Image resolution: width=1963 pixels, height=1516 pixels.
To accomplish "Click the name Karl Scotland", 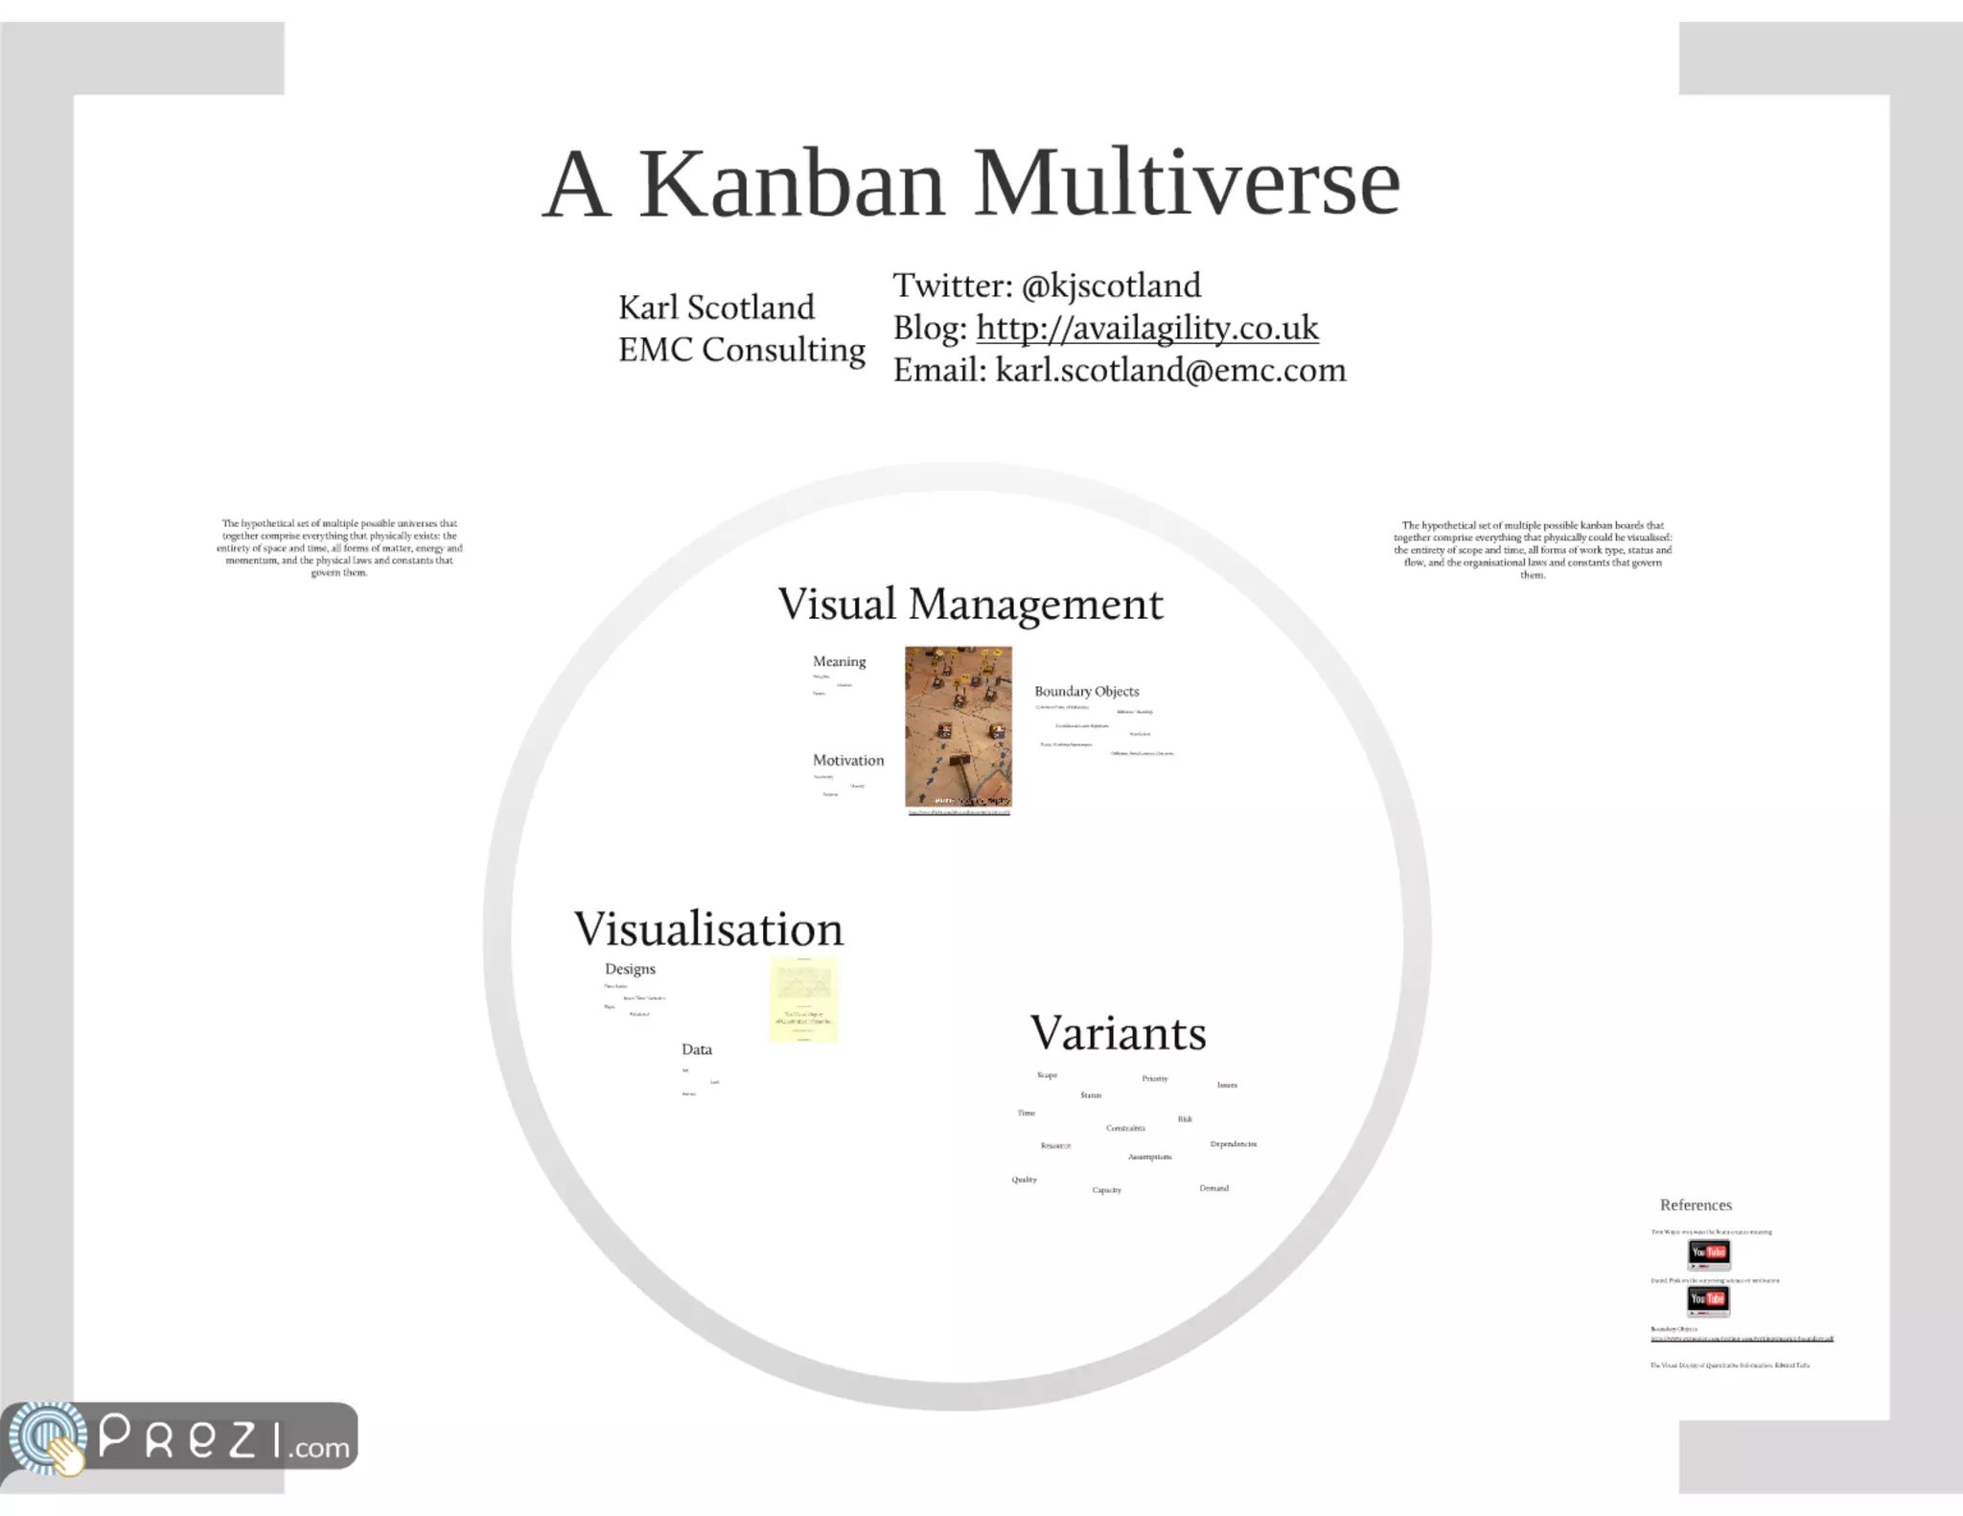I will tap(716, 308).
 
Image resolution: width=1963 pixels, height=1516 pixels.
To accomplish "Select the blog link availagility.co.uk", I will tap(1146, 328).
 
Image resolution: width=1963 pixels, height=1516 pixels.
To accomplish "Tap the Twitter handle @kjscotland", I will tap(1110, 286).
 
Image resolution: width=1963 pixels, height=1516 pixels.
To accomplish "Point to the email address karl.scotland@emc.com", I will tap(1170, 370).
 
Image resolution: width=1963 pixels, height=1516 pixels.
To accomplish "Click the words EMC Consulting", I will tap(741, 350).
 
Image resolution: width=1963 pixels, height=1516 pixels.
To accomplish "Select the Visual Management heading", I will tap(970, 605).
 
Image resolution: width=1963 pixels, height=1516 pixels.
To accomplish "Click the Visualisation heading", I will tap(708, 929).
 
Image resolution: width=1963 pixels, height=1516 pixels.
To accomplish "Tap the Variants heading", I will tap(1118, 1033).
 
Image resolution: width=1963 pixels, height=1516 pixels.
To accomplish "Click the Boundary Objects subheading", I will tap(1086, 691).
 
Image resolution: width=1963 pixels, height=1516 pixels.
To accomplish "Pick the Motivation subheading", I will tap(848, 760).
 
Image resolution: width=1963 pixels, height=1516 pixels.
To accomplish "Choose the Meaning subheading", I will tap(839, 661).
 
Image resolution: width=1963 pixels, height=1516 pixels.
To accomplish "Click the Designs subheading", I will tap(630, 969).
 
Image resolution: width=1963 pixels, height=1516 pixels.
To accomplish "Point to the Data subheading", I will tap(697, 1049).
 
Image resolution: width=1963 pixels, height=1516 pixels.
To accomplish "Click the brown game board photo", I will tap(958, 726).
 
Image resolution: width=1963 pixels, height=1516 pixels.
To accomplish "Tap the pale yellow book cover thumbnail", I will tap(803, 999).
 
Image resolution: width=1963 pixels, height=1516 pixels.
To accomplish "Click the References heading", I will tap(1696, 1206).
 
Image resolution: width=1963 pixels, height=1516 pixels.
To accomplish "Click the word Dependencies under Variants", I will tap(1233, 1144).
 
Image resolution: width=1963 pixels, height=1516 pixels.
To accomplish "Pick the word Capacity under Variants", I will tap(1106, 1190).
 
